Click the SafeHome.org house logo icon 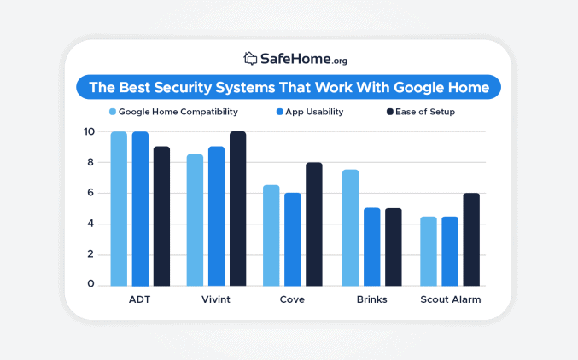pos(250,59)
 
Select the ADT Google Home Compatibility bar pos(119,209)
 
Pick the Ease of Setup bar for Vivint pos(237,209)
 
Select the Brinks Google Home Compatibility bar pos(350,228)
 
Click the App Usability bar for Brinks pos(371,247)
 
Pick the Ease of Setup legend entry pos(420,112)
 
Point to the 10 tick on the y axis pos(89,132)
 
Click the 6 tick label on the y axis pos(90,194)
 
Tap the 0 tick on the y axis pos(90,285)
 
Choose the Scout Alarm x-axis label pos(450,300)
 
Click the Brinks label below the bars pos(371,300)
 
